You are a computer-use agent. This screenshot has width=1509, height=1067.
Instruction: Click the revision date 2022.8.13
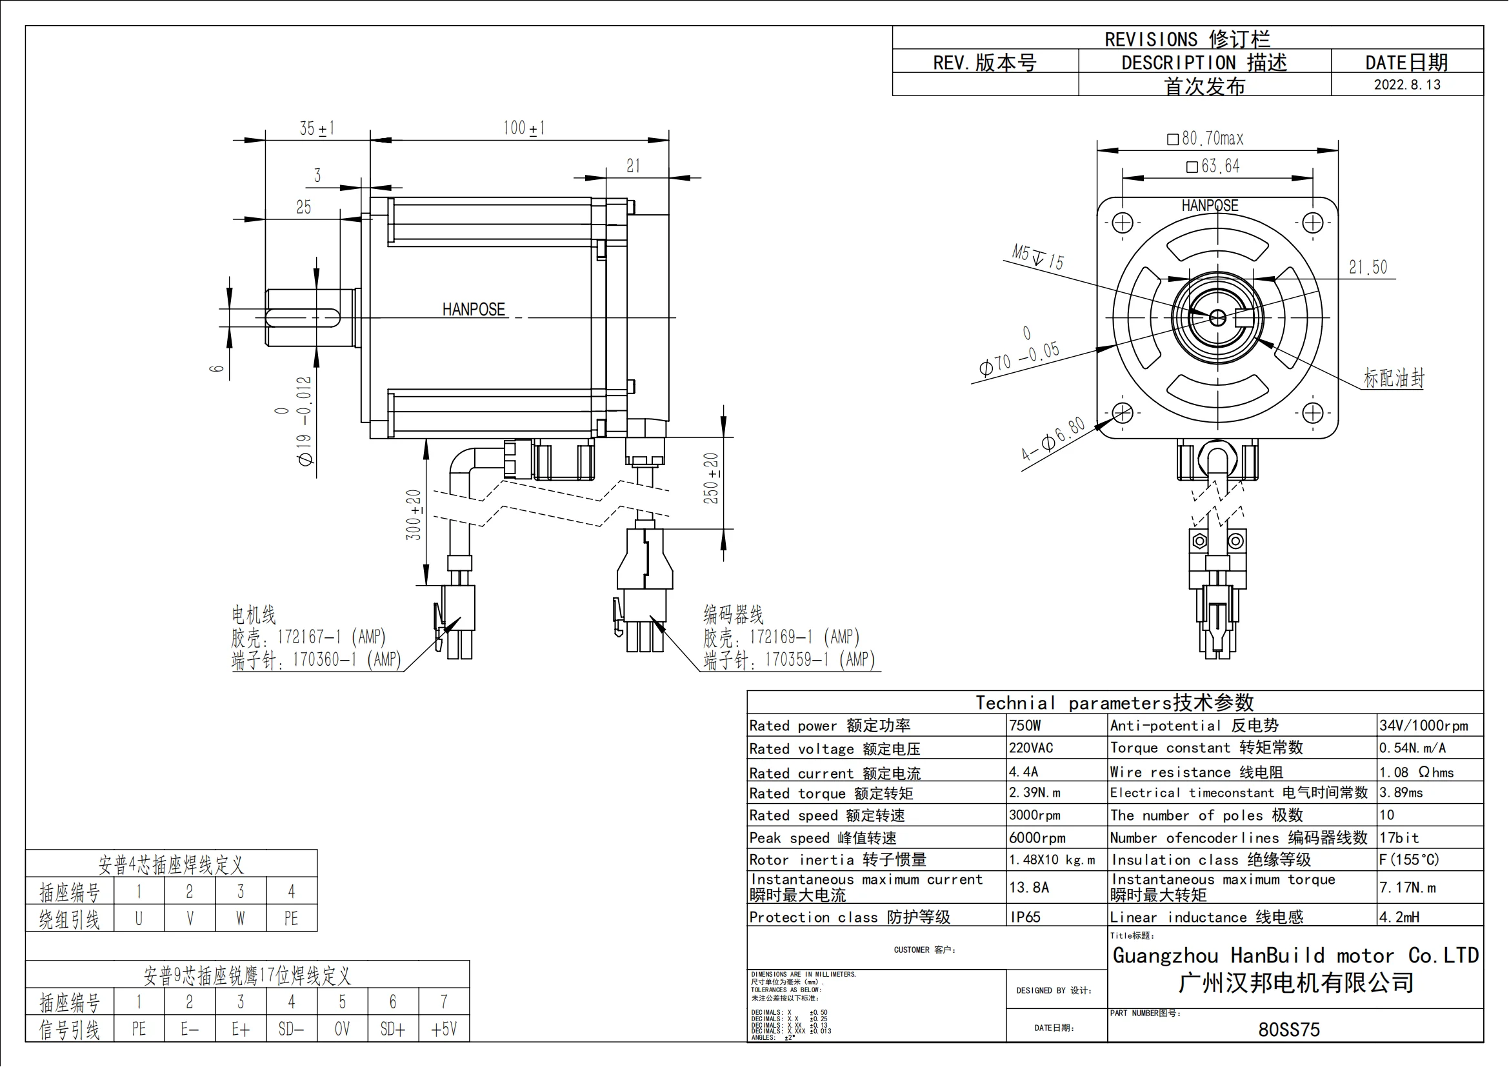coord(1406,85)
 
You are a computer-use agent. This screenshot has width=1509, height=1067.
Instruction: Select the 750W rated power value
coord(1024,725)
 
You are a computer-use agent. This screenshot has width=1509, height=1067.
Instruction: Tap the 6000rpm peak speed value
coord(1037,838)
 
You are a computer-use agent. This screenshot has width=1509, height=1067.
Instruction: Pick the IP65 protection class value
coord(1025,917)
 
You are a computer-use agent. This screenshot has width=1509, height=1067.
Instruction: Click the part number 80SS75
coord(1288,1030)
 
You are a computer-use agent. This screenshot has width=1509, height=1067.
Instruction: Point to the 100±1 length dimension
coord(523,128)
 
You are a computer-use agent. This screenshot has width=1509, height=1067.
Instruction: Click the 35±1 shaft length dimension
coord(317,128)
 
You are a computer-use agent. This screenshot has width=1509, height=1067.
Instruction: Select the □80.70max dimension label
coord(1205,139)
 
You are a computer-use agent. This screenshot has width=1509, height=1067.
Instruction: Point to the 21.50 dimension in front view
coord(1368,268)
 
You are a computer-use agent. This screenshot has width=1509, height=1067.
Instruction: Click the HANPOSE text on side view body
coord(473,310)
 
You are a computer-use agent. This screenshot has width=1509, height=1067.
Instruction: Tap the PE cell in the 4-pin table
coord(291,918)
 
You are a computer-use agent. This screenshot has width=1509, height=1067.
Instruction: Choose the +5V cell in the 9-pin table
coord(444,1029)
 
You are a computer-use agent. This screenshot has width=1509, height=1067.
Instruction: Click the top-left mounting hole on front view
coord(1123,223)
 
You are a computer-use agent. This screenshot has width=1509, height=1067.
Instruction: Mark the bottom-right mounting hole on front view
coord(1312,414)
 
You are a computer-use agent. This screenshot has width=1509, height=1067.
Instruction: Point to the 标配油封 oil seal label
coord(1394,379)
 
